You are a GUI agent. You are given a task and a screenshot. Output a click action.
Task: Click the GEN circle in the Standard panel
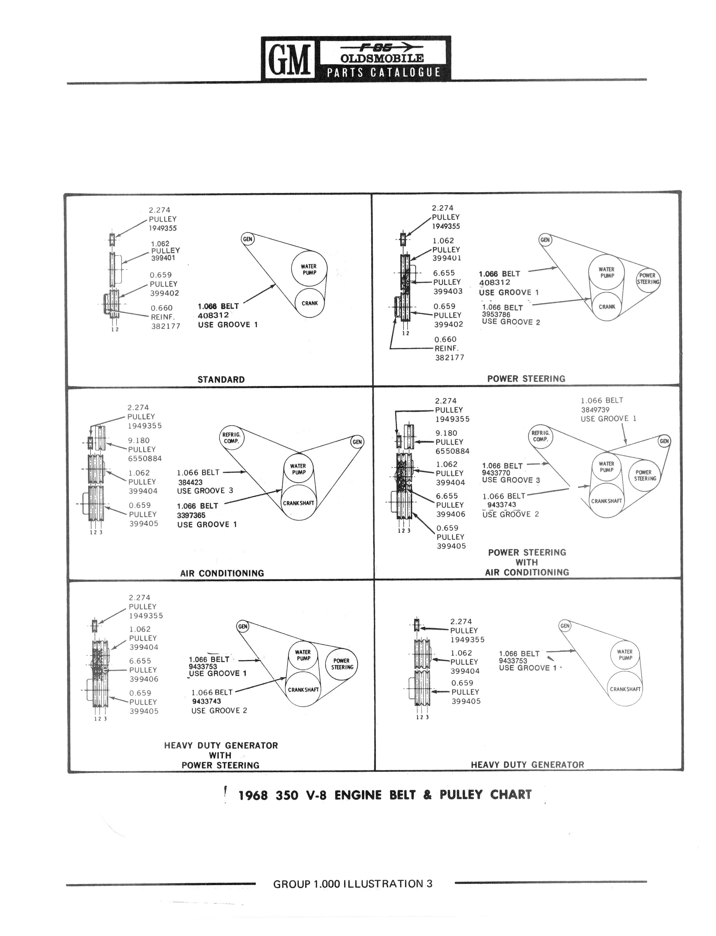247,239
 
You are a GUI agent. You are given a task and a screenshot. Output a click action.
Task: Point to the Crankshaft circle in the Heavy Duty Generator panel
625,689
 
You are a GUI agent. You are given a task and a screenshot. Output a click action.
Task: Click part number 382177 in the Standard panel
166,326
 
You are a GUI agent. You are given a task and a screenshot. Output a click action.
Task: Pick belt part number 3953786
496,315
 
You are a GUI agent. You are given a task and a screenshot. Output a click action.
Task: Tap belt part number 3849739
595,410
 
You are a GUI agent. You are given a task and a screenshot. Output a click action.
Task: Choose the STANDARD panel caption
221,380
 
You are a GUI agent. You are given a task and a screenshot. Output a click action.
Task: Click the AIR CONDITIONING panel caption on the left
222,573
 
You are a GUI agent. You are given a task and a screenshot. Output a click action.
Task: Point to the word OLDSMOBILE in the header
382,58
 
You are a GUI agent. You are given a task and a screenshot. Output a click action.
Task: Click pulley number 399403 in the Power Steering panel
448,291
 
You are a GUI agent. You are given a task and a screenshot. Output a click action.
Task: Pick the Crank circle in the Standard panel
310,303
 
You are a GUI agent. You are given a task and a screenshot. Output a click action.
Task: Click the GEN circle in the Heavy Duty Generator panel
565,626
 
